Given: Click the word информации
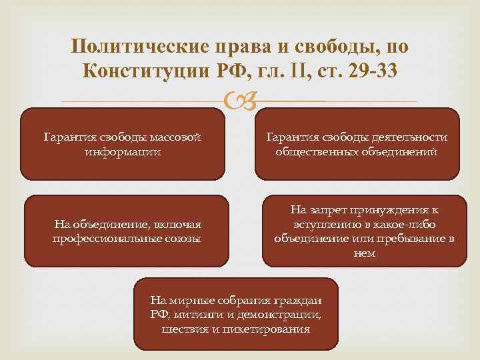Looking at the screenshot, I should [123, 151].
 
